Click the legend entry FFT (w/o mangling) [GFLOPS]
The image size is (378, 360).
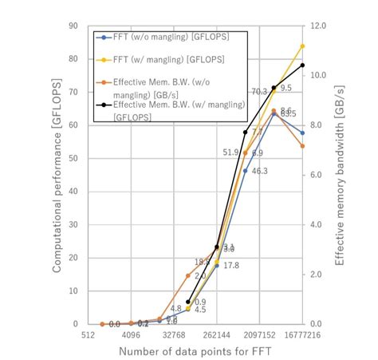(x=157, y=37)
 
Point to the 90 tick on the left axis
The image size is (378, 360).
(x=72, y=26)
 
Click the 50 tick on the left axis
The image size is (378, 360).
(x=72, y=158)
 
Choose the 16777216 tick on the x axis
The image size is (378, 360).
(x=303, y=336)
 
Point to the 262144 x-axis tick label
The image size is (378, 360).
(x=217, y=336)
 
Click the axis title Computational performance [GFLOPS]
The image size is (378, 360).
(x=57, y=174)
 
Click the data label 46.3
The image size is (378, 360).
(x=259, y=171)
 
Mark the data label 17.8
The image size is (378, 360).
(x=231, y=265)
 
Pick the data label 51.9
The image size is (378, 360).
(x=230, y=152)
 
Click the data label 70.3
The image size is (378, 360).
(x=259, y=92)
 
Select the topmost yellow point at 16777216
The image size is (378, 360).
(x=302, y=46)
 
